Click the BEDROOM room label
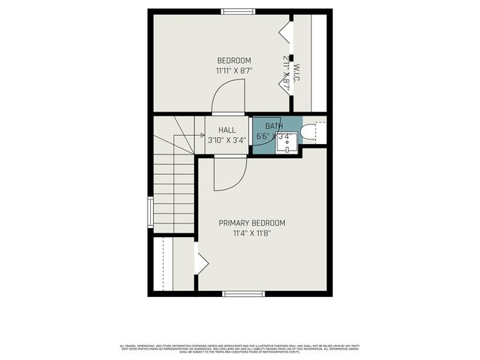234,61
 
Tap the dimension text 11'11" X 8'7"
234,70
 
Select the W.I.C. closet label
297,73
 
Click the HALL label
226,130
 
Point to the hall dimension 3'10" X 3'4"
226,139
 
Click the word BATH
273,125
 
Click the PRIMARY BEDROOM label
252,223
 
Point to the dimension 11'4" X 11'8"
252,233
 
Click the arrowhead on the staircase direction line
182,136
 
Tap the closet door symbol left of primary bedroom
201,262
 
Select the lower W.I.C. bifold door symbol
286,84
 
